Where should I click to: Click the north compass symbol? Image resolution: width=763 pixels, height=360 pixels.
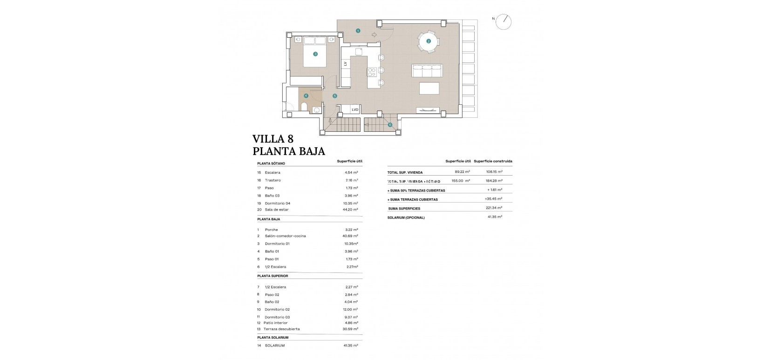[x=504, y=21]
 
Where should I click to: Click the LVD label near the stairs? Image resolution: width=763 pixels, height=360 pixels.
[x=355, y=110]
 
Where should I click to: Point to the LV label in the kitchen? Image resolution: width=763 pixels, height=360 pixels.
[x=345, y=64]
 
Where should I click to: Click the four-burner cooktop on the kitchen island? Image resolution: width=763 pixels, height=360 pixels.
[x=372, y=72]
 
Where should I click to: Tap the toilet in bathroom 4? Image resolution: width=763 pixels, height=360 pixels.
[x=304, y=108]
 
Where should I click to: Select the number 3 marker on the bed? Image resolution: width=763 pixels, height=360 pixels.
[x=315, y=54]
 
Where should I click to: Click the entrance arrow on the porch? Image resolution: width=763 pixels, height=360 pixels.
[x=374, y=34]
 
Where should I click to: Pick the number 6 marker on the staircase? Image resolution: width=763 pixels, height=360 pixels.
[x=390, y=124]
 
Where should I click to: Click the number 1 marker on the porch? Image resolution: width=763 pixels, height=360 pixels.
[x=358, y=31]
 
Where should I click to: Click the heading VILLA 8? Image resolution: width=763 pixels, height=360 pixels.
[x=272, y=139]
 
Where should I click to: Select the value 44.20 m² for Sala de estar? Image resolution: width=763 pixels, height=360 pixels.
[x=350, y=210]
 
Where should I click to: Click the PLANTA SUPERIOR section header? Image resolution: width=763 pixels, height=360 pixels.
[x=272, y=276]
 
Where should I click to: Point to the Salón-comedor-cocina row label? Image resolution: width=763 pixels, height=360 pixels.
[x=285, y=236]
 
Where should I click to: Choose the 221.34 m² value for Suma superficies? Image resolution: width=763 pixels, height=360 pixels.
[x=493, y=208]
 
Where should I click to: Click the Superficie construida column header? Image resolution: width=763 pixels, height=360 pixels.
[x=493, y=161]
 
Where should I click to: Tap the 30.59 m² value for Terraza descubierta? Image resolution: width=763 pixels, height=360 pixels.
[x=350, y=329]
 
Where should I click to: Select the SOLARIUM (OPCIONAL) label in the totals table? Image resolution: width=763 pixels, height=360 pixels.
[x=406, y=217]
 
